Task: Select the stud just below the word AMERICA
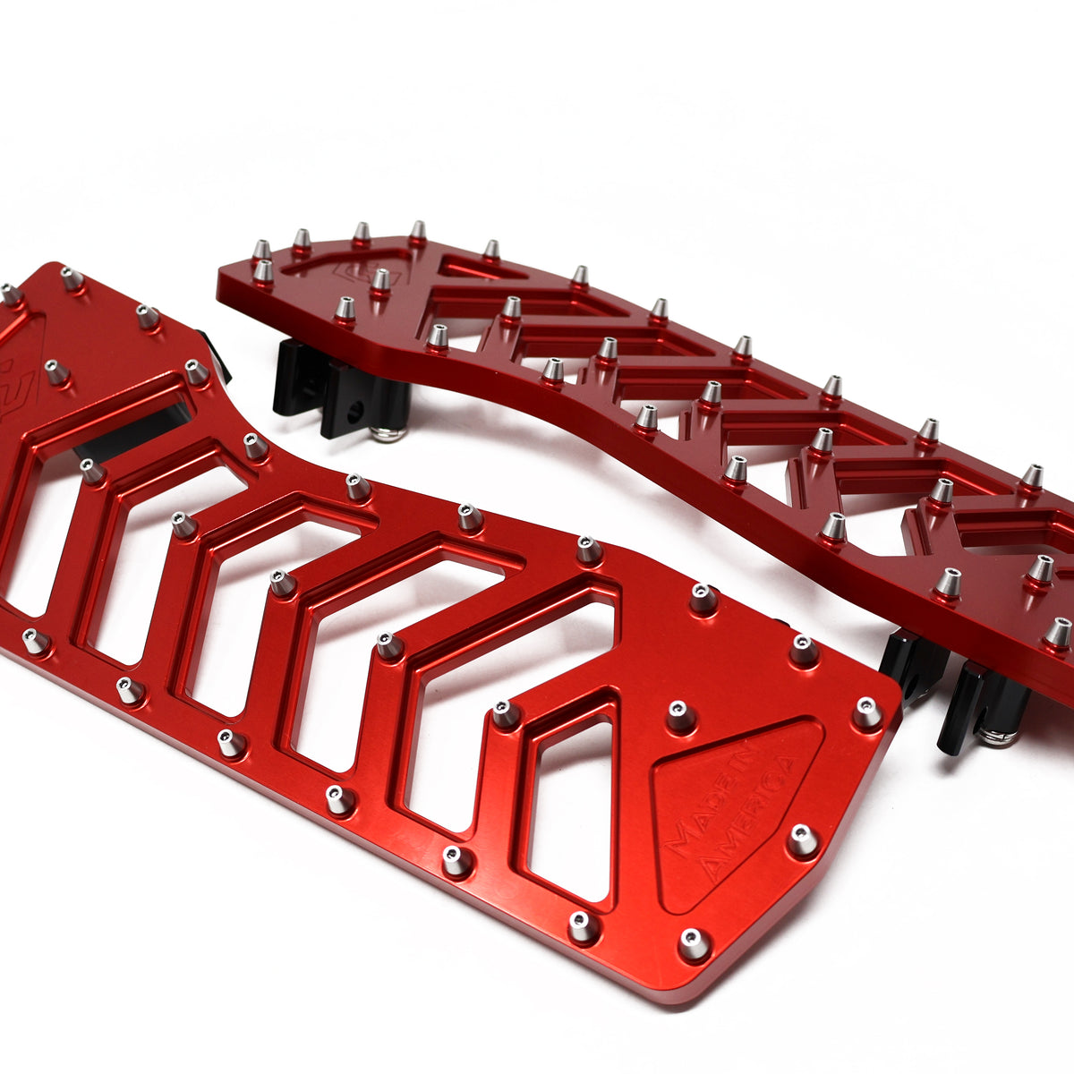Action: [x=802, y=840]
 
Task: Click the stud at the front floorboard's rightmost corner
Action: [x=866, y=712]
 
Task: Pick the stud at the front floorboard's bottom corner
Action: [x=694, y=942]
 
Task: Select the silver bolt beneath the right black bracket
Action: [x=995, y=737]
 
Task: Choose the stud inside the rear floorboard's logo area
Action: [x=380, y=279]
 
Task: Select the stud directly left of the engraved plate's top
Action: [x=680, y=715]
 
